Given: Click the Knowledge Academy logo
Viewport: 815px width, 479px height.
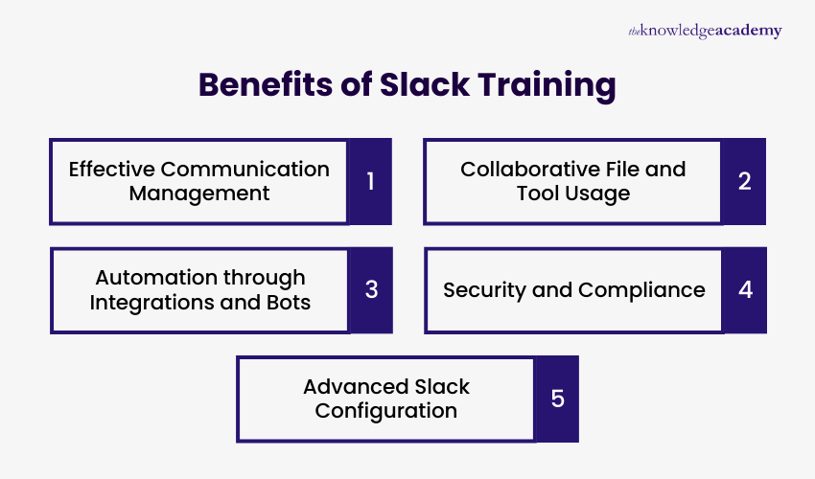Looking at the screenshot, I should pyautogui.click(x=705, y=32).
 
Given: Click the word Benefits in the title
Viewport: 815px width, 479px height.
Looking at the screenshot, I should pyautogui.click(x=264, y=85).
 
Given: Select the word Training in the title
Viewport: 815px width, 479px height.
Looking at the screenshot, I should pyautogui.click(x=548, y=85).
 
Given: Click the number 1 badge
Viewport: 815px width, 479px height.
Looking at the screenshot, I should pyautogui.click(x=370, y=181).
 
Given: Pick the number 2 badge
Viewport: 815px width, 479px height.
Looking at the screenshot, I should pyautogui.click(x=744, y=181).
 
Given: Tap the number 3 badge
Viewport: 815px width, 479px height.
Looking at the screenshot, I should pyautogui.click(x=370, y=290).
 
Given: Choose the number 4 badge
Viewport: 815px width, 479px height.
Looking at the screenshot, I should pyautogui.click(x=745, y=290).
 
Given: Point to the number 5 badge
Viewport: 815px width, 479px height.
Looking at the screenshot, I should pyautogui.click(x=557, y=399).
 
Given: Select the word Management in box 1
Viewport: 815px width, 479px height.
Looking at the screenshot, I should pyautogui.click(x=199, y=194).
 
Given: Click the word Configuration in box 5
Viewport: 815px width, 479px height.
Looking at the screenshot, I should pyautogui.click(x=386, y=411).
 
